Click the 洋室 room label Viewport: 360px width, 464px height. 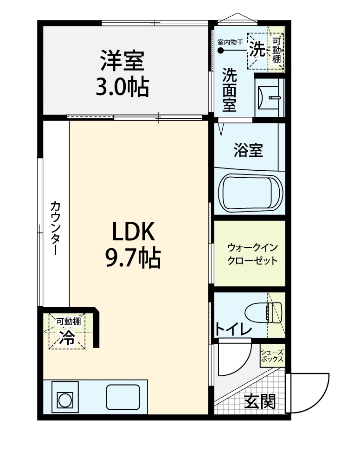pos(123,61)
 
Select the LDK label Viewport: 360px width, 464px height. pos(133,232)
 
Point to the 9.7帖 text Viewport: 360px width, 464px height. pos(133,258)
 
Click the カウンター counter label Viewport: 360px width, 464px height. pos(55,227)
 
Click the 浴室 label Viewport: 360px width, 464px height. pos(249,150)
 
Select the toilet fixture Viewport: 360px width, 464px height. pos(263,312)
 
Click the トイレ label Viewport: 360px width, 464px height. pos(233,329)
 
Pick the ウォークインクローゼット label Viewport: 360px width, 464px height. pos(252,254)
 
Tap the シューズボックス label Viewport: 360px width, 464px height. pos(272,356)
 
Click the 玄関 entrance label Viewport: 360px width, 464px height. pos(260,401)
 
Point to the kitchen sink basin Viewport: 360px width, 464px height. pos(123,397)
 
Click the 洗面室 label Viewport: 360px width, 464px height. pos(230,90)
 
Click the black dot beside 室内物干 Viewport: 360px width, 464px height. pos(220,51)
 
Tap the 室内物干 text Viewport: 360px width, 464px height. pos(230,42)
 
